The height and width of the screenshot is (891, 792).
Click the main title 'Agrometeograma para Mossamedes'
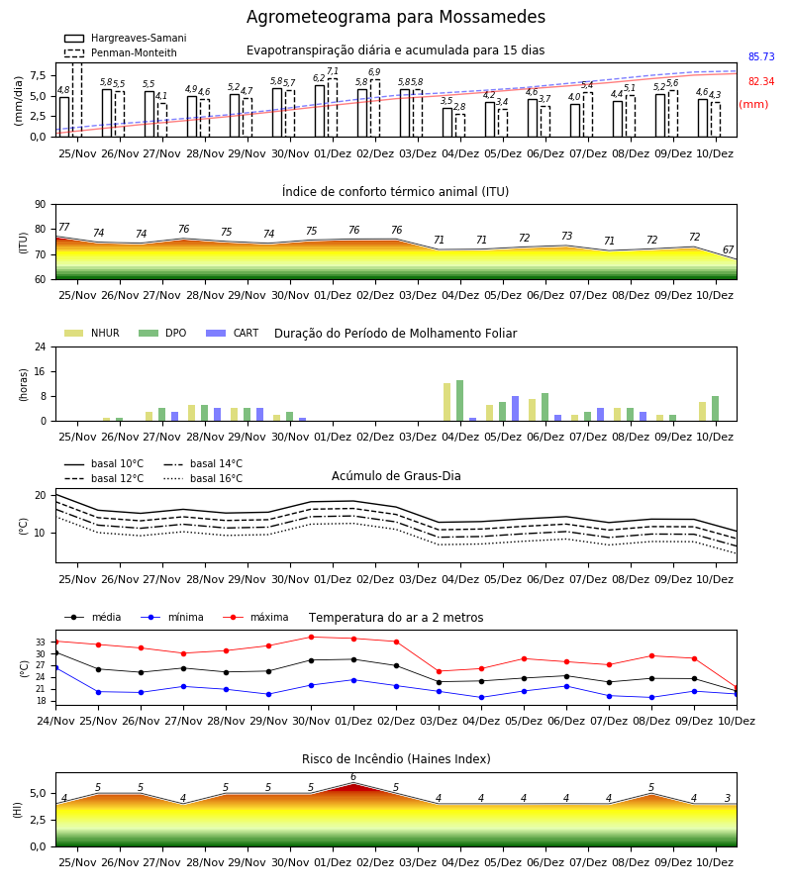(395, 17)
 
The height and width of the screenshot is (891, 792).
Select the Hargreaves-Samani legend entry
(125, 38)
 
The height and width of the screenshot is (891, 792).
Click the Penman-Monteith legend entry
(121, 52)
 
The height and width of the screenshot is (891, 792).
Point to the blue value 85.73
(761, 56)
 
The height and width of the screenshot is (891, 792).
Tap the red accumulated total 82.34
(761, 81)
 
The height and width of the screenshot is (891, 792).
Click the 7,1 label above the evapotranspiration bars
(333, 71)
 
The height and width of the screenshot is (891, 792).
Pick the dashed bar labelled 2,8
(459, 126)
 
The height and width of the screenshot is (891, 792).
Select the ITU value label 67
(728, 249)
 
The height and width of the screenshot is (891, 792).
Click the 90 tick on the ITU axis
(40, 205)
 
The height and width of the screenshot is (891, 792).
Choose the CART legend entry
(233, 333)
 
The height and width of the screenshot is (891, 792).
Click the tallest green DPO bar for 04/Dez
(459, 401)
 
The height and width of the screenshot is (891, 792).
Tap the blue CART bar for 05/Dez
(516, 409)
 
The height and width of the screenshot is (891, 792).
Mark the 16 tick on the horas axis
(41, 371)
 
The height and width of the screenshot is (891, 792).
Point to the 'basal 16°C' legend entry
(203, 478)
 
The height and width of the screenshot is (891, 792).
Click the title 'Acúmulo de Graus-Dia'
(396, 476)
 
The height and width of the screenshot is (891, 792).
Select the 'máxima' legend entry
(255, 617)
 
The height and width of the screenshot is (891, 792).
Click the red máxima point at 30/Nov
(311, 637)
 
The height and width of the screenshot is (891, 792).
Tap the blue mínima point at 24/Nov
(56, 667)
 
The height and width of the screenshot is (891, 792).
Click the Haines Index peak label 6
(353, 777)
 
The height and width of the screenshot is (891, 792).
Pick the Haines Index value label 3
(728, 798)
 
